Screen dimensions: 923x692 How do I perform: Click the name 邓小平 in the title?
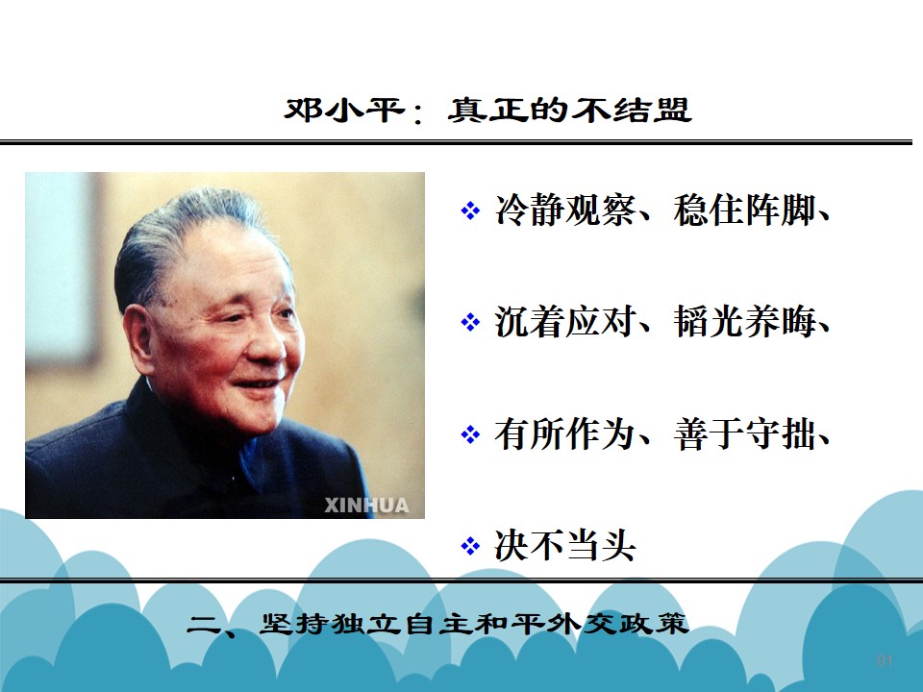click(x=344, y=110)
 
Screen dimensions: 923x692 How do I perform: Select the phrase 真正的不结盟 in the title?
click(x=569, y=110)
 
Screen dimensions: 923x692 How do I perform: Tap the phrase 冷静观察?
click(x=565, y=210)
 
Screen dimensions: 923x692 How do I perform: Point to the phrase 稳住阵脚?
click(x=744, y=210)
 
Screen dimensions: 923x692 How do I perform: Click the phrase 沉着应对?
click(x=565, y=321)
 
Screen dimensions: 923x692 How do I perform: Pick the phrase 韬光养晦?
click(x=744, y=321)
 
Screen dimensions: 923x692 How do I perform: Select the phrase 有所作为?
click(x=565, y=434)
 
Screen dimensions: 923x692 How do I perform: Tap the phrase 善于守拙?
click(x=744, y=434)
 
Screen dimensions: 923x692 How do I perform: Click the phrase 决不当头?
click(x=565, y=546)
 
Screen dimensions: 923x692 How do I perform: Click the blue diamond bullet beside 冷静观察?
click(x=470, y=210)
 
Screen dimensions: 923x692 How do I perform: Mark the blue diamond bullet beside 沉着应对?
click(x=470, y=322)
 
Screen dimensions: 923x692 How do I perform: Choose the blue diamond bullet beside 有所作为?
click(x=470, y=434)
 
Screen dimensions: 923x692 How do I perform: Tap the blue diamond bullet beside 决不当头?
click(x=470, y=546)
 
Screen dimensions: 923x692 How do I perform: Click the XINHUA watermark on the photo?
click(x=366, y=506)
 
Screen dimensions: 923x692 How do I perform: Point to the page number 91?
click(x=885, y=660)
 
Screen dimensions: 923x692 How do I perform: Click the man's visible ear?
click(x=139, y=341)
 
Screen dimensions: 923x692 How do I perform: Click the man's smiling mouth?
click(x=258, y=384)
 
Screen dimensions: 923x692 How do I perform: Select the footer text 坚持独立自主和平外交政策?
click(x=474, y=624)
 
